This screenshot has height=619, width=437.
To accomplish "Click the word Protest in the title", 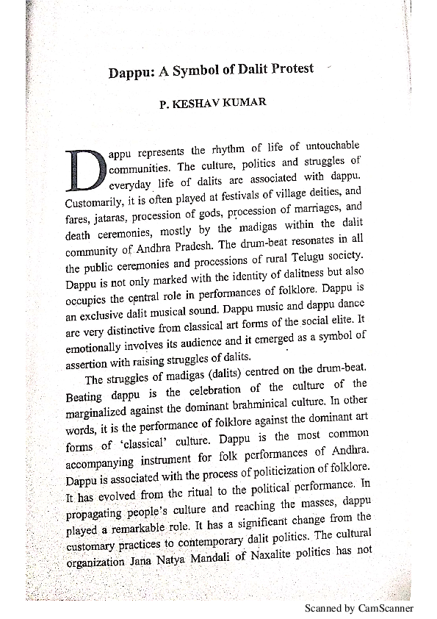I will pyautogui.click(x=287, y=69).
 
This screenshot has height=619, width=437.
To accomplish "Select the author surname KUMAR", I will pyautogui.click(x=246, y=104).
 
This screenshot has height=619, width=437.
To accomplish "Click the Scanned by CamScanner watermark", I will pyautogui.click(x=359, y=609).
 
